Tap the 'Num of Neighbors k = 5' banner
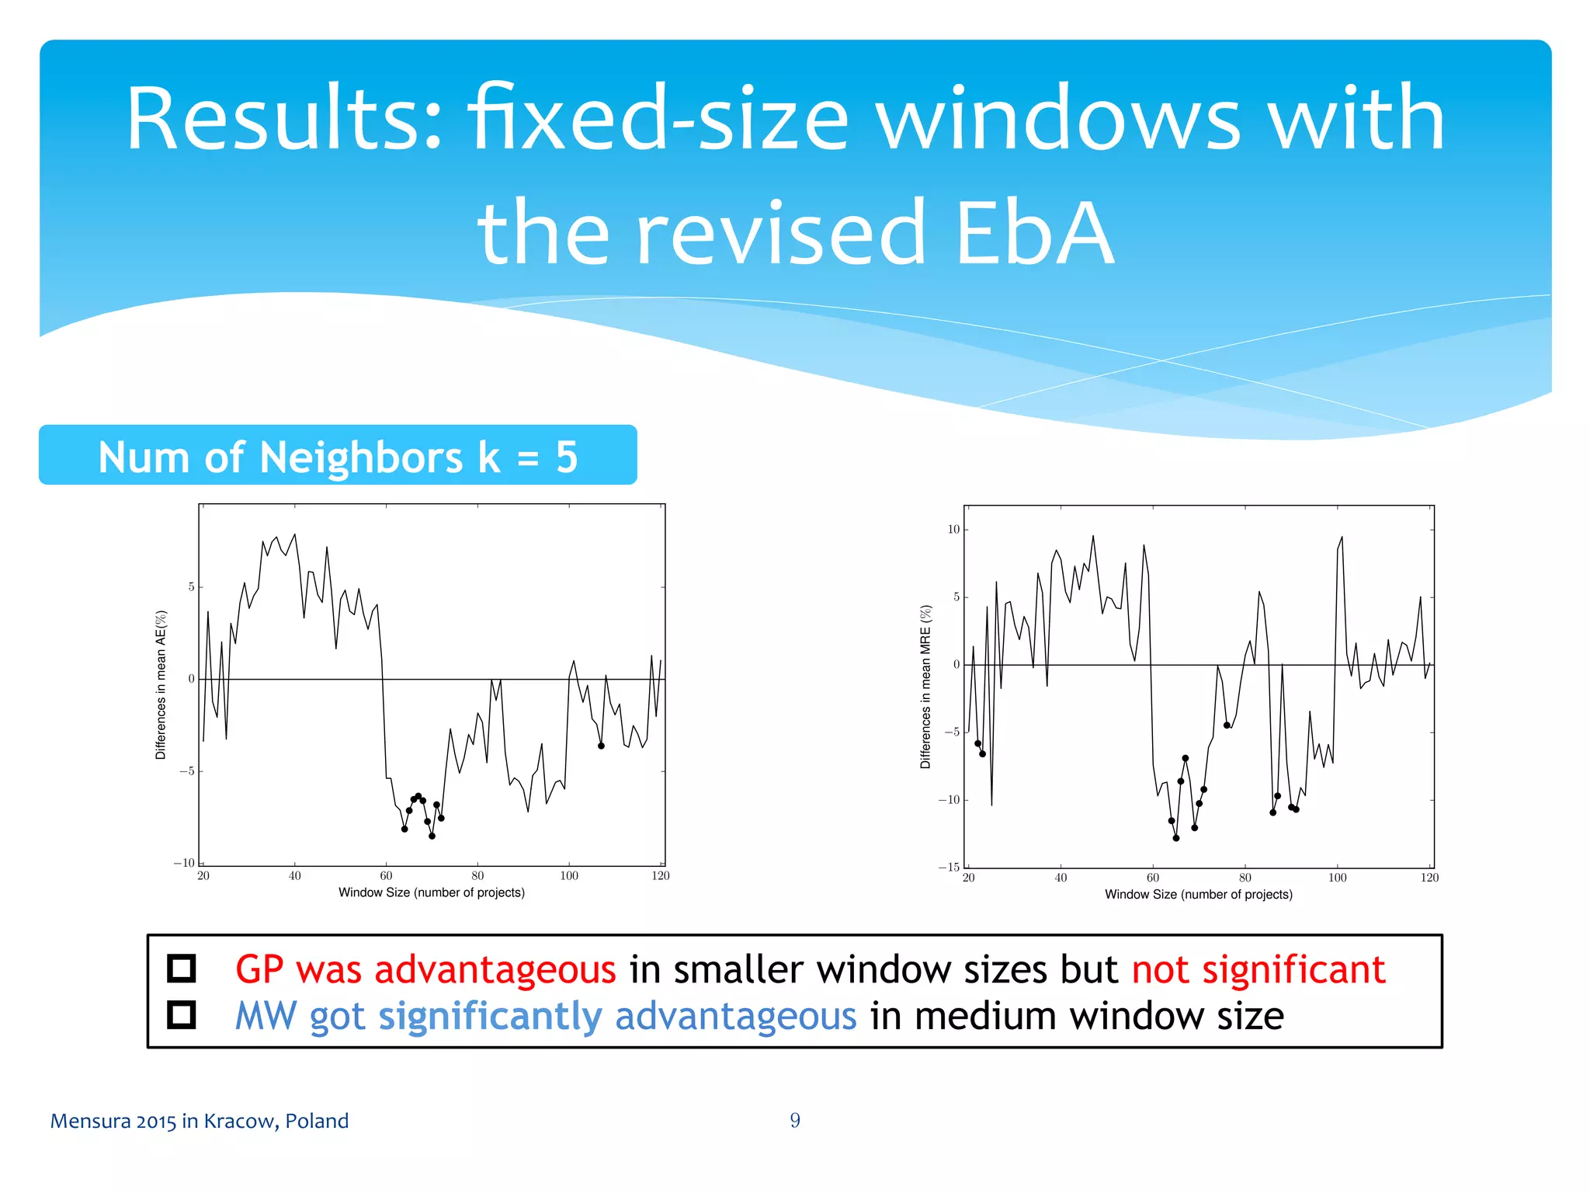[338, 456]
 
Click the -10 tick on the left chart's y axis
[185, 863]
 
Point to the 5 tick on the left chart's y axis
[191, 587]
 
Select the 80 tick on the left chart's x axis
[477, 876]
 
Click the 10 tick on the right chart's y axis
[953, 530]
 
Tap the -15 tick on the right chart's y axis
[949, 868]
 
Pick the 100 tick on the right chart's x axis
[1337, 878]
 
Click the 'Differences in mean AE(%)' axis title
[161, 684]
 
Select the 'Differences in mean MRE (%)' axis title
[925, 687]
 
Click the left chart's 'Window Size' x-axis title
[432, 892]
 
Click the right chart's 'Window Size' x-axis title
[1199, 895]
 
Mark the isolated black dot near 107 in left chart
[601, 746]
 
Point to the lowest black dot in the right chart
[1176, 838]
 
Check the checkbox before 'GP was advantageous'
[182, 969]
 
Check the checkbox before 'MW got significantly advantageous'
[182, 1014]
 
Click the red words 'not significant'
[1258, 969]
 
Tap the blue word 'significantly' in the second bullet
[490, 1016]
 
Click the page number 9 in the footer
[795, 1120]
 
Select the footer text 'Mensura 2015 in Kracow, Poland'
[200, 1121]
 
